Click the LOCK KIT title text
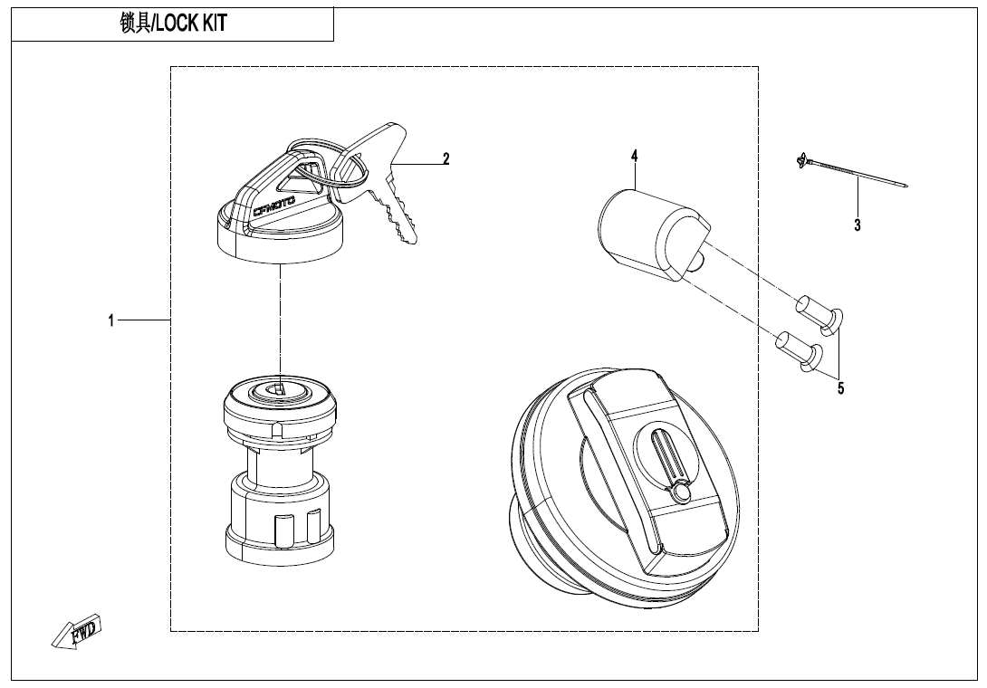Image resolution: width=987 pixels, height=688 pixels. click(x=191, y=24)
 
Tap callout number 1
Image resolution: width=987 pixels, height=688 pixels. click(x=111, y=321)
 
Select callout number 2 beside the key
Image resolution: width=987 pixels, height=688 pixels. click(x=446, y=158)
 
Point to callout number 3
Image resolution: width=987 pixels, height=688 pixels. click(x=858, y=225)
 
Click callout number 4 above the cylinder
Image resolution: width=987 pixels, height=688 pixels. click(x=635, y=156)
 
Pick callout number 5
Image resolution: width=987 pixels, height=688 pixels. click(x=841, y=388)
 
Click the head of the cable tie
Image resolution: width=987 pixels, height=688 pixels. click(x=800, y=161)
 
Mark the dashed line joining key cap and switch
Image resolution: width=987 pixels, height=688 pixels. click(x=280, y=327)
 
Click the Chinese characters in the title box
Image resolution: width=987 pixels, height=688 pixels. click(x=136, y=24)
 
